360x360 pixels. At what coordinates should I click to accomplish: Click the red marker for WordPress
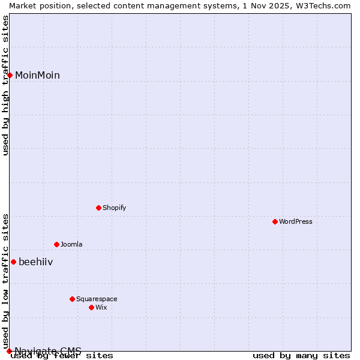[x=275, y=221]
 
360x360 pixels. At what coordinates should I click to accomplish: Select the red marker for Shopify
[x=98, y=208]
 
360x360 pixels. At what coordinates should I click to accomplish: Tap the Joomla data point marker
[x=56, y=244]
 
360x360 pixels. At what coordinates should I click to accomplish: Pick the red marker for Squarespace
[x=72, y=299]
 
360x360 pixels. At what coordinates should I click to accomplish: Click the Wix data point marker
[x=91, y=307]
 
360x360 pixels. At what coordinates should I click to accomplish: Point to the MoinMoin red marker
[x=10, y=75]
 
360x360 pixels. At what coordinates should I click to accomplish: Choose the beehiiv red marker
[x=13, y=262]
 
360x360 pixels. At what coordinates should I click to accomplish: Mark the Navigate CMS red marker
[x=9, y=351]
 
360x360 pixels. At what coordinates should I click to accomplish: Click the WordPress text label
[x=296, y=221]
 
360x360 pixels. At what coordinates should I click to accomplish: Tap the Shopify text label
[x=115, y=208]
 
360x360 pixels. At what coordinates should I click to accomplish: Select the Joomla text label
[x=71, y=244]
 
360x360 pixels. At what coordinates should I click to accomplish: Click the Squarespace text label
[x=97, y=299]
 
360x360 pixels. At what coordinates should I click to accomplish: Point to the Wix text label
[x=101, y=307]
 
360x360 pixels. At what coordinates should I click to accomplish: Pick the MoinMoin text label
[x=37, y=75]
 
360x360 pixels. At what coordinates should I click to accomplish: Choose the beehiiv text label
[x=36, y=262]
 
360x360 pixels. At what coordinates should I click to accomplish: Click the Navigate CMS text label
[x=48, y=350]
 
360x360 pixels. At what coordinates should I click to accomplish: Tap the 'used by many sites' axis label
[x=301, y=356]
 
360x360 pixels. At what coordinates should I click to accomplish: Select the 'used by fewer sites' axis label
[x=62, y=356]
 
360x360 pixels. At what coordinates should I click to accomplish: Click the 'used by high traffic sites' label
[x=5, y=85]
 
